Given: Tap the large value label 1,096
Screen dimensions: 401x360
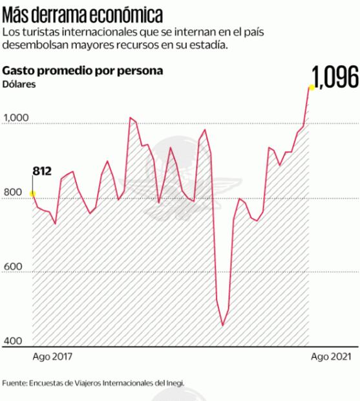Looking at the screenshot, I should (x=335, y=77).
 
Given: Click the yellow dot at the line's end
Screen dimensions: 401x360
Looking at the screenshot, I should (x=311, y=87).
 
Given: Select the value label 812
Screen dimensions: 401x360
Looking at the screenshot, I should (x=42, y=171).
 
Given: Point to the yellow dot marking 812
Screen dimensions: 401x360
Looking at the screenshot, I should (x=32, y=193).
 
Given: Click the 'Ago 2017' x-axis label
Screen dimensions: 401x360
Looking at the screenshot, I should (x=52, y=358).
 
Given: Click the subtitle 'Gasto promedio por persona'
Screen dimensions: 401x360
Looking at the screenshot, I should (x=83, y=70).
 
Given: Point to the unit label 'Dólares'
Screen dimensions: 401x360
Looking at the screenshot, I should (x=20, y=83).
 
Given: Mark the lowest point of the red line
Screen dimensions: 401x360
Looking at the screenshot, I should (x=222, y=325).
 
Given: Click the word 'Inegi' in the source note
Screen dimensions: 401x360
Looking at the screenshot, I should (x=175, y=382).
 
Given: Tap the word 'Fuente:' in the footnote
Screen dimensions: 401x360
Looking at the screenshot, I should (x=15, y=382).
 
